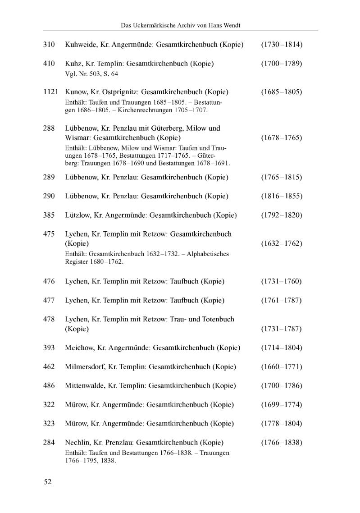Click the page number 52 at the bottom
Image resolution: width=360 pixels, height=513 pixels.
(48, 482)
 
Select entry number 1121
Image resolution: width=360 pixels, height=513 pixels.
(51, 92)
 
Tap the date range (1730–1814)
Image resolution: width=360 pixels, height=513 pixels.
(281, 45)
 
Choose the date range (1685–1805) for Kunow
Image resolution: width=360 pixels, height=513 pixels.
(281, 92)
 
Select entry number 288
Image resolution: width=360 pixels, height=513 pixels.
(49, 128)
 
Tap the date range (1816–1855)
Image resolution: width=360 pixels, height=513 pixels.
(281, 197)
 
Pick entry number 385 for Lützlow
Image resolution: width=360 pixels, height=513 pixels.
(49, 215)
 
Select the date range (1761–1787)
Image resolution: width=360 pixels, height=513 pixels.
(281, 300)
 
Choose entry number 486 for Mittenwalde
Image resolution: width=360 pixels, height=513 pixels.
(49, 385)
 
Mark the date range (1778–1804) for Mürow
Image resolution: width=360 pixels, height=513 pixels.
(281, 423)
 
